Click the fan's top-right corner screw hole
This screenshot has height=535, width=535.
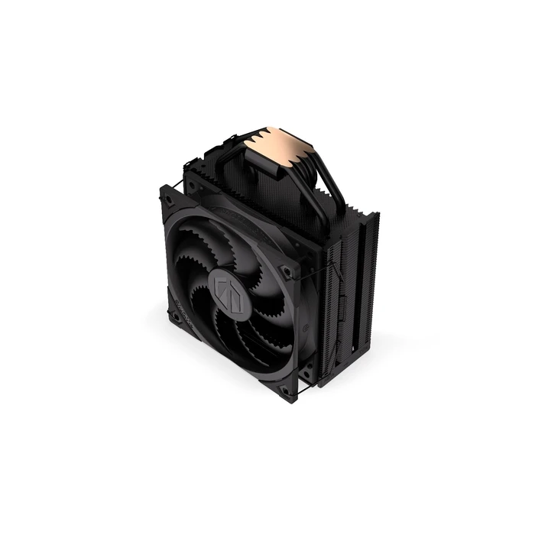click(x=284, y=269)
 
